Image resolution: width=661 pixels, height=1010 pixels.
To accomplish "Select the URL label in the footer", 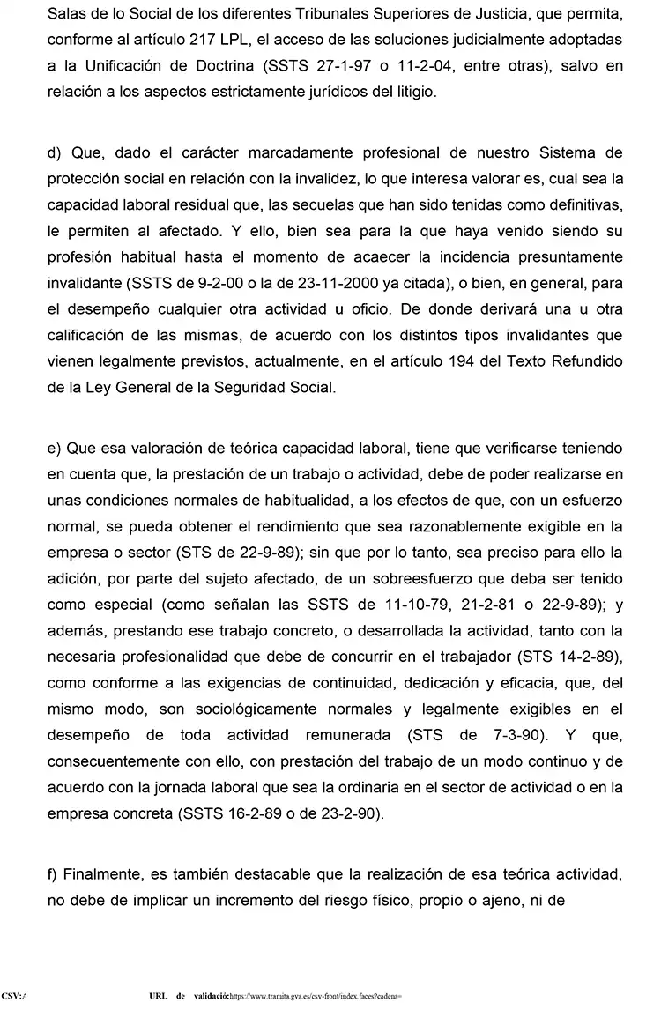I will point(160,995).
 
